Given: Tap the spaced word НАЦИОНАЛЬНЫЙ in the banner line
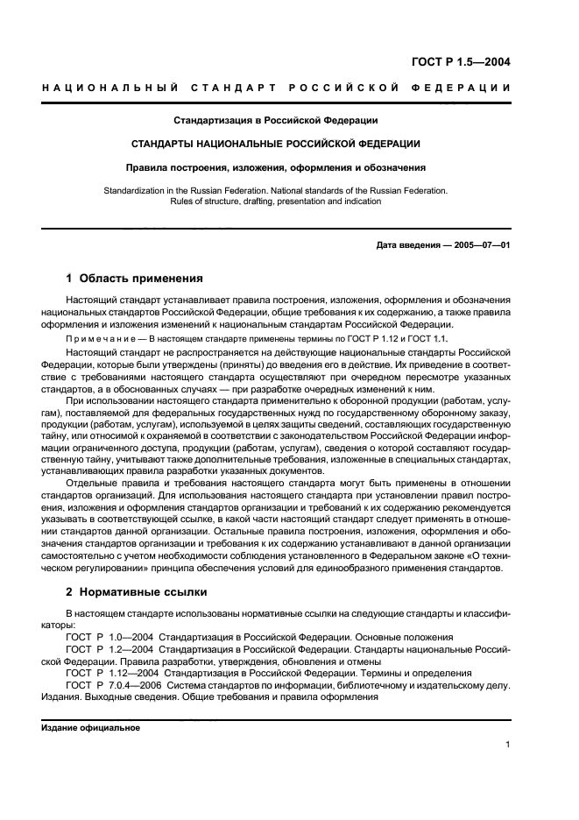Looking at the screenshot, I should pyautogui.click(x=111, y=88).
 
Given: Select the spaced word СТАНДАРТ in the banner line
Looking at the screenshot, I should pyautogui.click(x=231, y=88).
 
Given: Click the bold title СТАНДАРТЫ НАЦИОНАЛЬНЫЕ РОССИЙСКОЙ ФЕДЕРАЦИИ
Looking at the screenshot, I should pyautogui.click(x=276, y=143).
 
